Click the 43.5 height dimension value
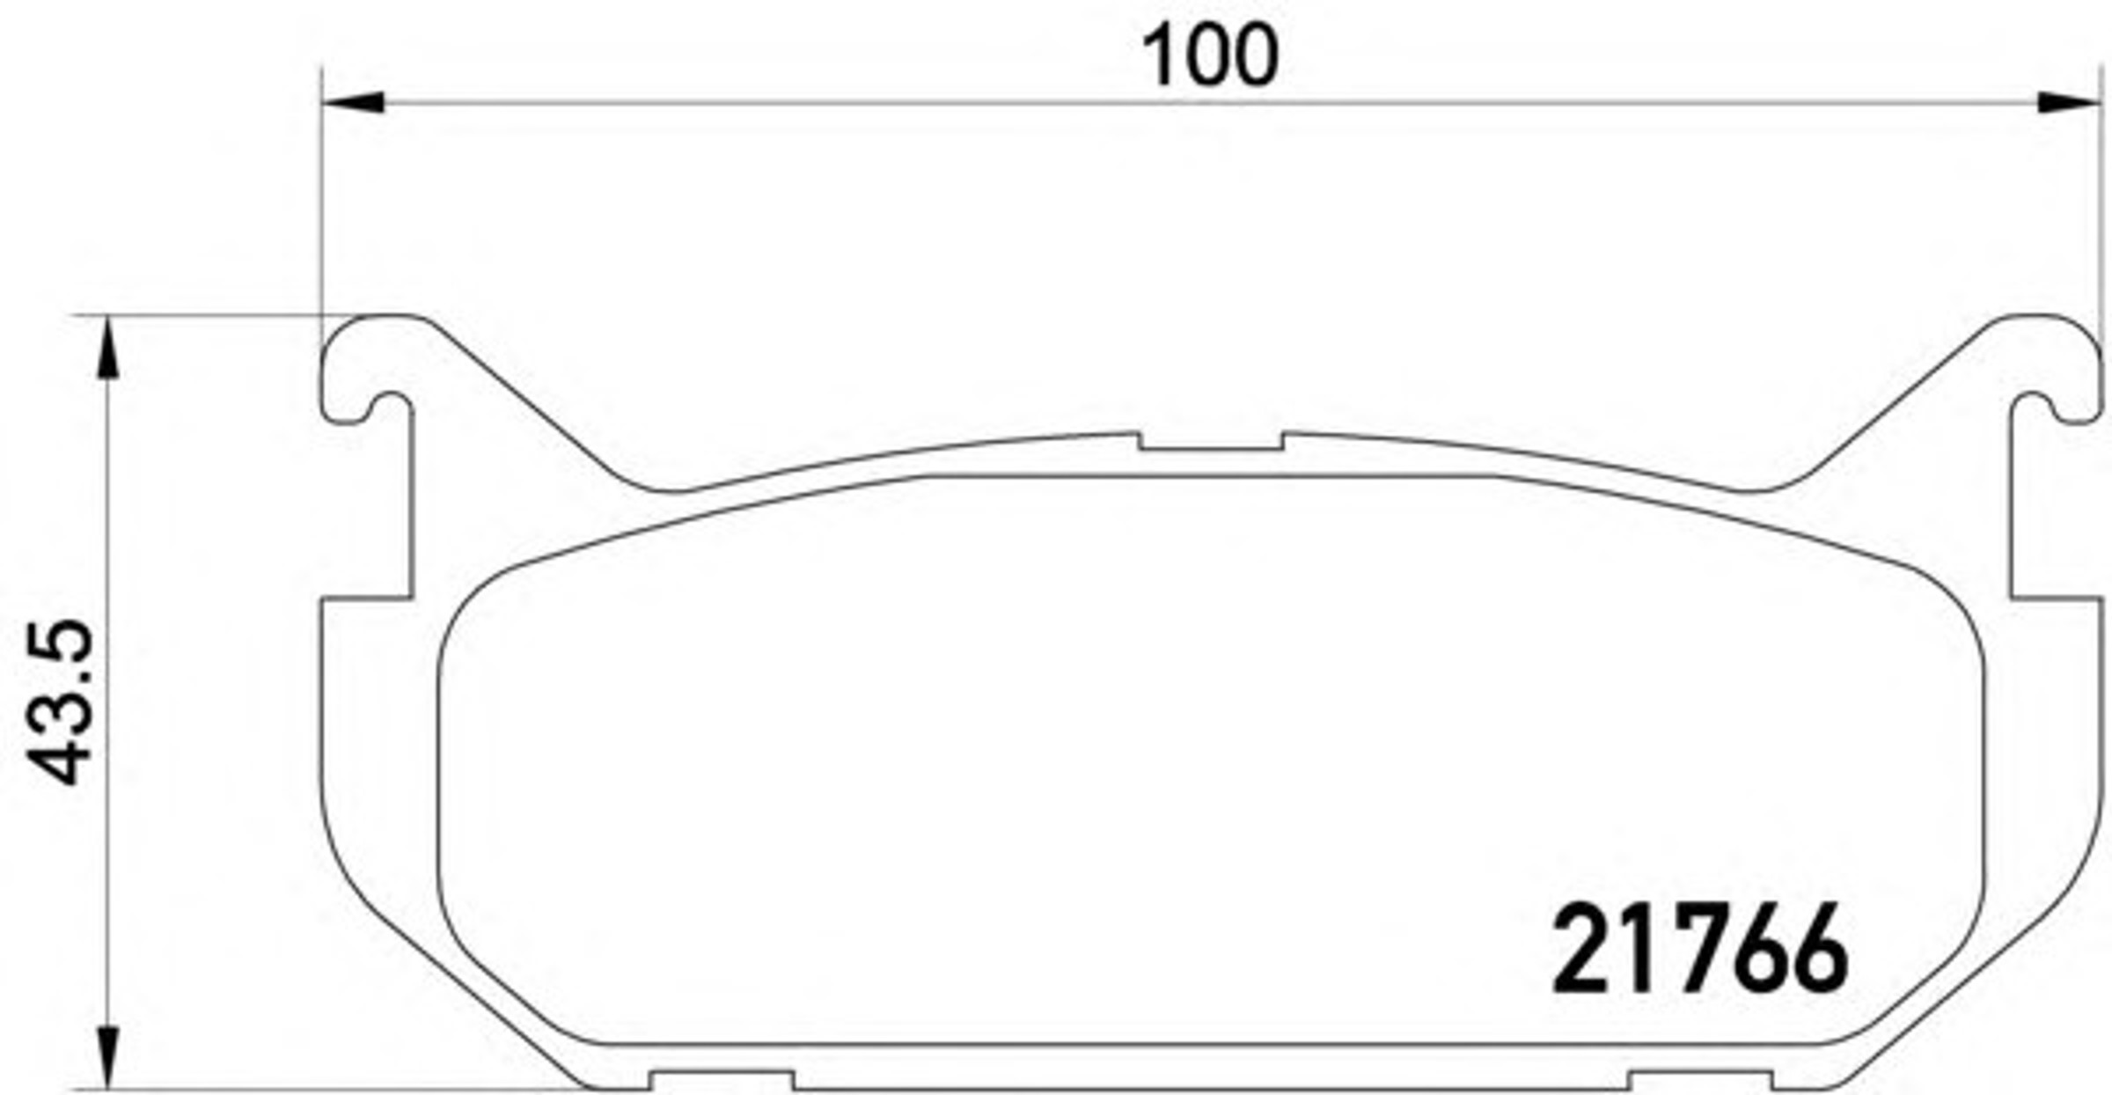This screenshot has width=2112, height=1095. (x=61, y=702)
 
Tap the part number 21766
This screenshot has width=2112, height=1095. (x=1701, y=949)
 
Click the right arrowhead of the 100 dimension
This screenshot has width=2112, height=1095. (x=2069, y=102)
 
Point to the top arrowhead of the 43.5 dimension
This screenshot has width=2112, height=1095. (x=107, y=347)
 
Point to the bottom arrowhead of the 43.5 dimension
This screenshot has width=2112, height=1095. (x=107, y=1057)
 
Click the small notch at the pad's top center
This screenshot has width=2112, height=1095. (x=1211, y=442)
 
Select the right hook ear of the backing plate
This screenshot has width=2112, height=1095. (x=2054, y=370)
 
